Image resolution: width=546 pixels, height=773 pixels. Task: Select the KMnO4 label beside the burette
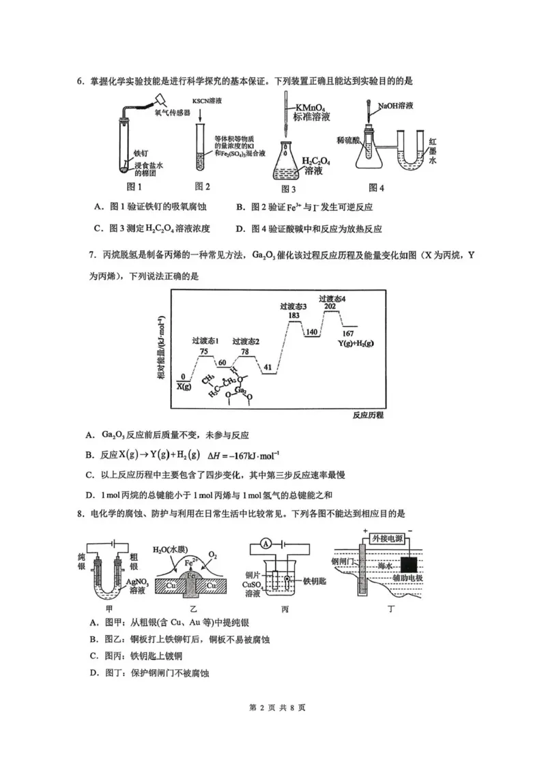[311, 107]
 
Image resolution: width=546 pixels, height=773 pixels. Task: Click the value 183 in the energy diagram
[294, 316]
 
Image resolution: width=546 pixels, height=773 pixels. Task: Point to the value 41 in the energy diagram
[268, 367]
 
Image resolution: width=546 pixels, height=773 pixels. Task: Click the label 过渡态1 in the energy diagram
[204, 341]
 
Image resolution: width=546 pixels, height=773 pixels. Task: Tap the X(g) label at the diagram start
[184, 386]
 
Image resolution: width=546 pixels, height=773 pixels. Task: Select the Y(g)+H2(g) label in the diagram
[356, 343]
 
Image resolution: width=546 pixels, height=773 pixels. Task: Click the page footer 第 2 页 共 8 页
[273, 707]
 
